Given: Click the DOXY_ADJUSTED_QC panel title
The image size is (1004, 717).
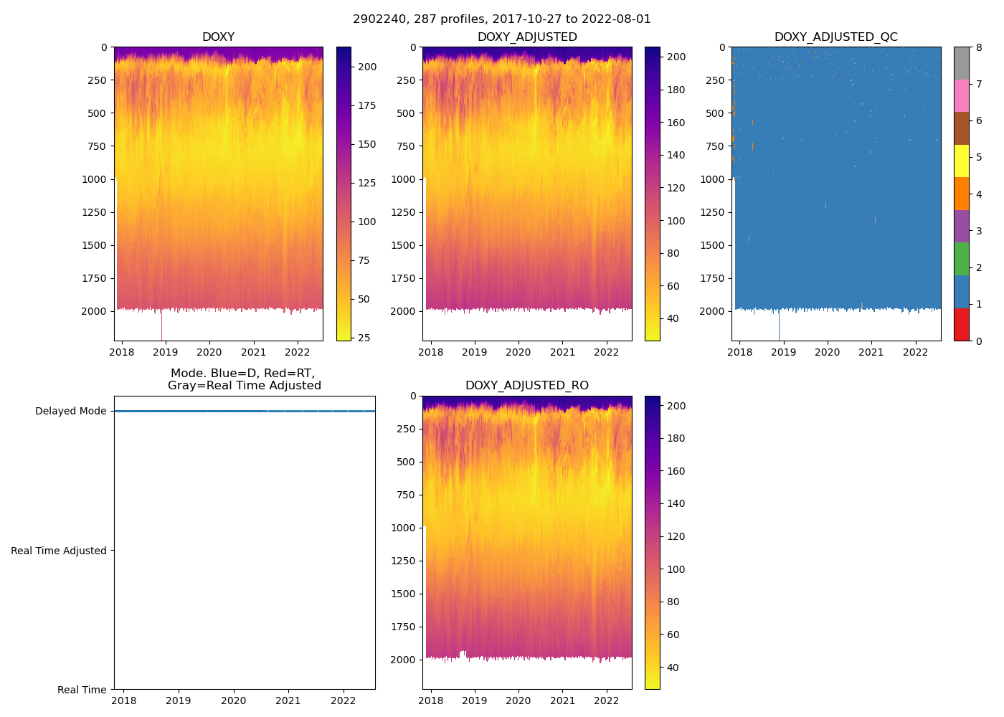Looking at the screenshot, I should pyautogui.click(x=835, y=37).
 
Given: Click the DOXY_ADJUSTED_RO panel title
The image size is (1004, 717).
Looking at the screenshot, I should pyautogui.click(x=526, y=386).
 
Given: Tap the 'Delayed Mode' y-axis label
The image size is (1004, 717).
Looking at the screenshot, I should pyautogui.click(x=70, y=412).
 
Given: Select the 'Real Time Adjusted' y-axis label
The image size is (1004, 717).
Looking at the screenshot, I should pyautogui.click(x=58, y=551).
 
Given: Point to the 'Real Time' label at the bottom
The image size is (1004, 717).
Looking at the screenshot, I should pyautogui.click(x=82, y=690).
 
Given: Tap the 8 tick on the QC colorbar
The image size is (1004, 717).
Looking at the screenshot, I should pyautogui.click(x=980, y=47).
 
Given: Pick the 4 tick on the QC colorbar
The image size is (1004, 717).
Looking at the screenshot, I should pyautogui.click(x=980, y=194).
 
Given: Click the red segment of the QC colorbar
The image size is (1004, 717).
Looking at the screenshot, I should pyautogui.click(x=962, y=325).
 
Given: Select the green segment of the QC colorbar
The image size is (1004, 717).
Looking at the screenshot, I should pyautogui.click(x=962, y=259).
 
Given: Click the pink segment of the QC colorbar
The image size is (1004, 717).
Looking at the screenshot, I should pyautogui.click(x=962, y=95).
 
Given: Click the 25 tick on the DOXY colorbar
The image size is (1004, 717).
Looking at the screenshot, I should pyautogui.click(x=364, y=338).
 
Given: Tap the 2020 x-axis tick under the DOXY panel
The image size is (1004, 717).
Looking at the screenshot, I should pyautogui.click(x=209, y=352).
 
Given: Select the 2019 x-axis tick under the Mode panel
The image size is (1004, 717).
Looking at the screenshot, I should pyautogui.click(x=179, y=701).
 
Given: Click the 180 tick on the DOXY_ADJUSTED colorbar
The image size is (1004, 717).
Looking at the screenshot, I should pyautogui.click(x=676, y=90).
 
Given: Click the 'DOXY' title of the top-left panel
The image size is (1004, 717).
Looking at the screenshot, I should pyautogui.click(x=218, y=37).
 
